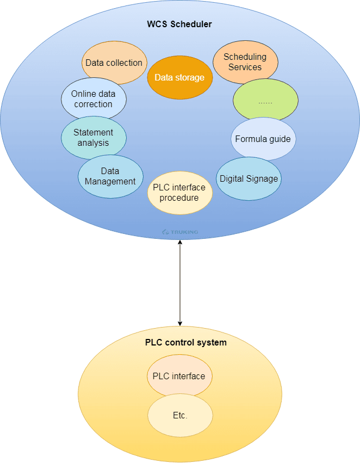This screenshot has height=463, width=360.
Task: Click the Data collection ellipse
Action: [114, 63]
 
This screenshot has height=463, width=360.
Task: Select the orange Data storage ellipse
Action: [179, 77]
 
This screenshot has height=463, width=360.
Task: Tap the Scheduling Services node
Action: [245, 62]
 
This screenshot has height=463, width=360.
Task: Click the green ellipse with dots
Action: [265, 101]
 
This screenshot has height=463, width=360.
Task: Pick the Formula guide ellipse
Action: [263, 139]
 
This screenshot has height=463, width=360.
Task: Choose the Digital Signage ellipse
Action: [249, 178]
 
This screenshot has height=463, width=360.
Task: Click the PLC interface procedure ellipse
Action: [179, 193]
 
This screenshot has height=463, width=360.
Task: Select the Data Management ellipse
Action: [110, 176]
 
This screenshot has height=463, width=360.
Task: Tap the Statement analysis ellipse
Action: [94, 138]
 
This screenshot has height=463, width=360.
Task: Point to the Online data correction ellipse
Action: [94, 99]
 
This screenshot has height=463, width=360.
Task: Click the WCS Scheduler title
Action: [179, 24]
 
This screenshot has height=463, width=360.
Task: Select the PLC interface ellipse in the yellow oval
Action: [179, 376]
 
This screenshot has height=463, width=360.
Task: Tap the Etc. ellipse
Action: [180, 416]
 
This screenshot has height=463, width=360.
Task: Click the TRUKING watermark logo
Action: [180, 232]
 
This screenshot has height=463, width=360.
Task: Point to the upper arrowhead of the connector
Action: [180, 242]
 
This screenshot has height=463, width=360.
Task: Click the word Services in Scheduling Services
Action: [245, 67]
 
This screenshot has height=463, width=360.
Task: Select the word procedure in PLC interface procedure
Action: [179, 198]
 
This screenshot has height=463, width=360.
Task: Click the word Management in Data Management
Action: [110, 181]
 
